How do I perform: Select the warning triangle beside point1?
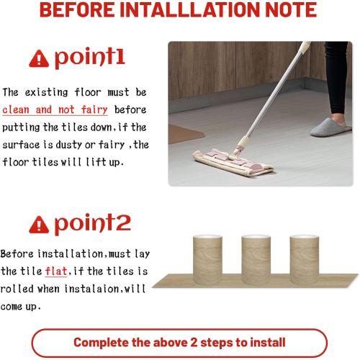click(39, 59)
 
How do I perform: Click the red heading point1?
click(89, 57)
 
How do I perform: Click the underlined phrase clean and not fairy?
click(55, 109)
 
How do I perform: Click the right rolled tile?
click(303, 256)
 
